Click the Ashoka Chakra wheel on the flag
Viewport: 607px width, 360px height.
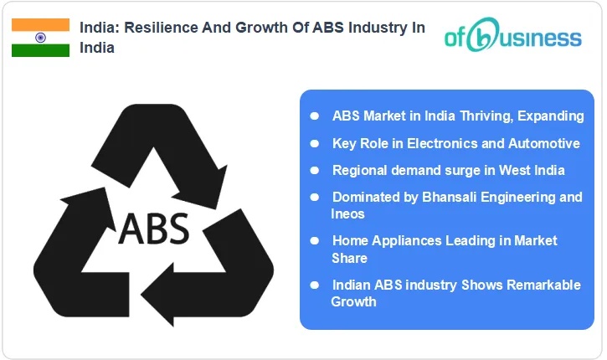click(40, 38)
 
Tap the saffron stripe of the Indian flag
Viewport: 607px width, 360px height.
click(40, 25)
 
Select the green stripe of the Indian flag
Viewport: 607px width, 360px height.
click(40, 50)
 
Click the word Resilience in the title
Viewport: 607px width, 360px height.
click(156, 28)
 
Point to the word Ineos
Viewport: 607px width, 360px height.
click(348, 213)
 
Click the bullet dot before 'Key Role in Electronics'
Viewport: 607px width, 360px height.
click(314, 143)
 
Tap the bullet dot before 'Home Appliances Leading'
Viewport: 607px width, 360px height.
click(314, 240)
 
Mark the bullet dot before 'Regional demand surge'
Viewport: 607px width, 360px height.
click(314, 170)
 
